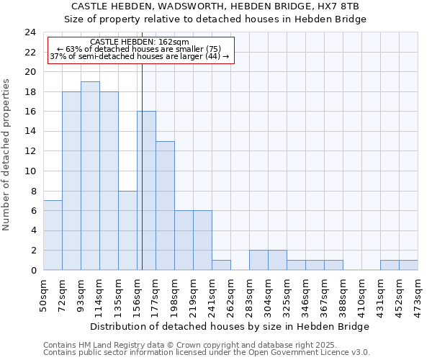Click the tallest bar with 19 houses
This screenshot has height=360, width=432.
click(90, 176)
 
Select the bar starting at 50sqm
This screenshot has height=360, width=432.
click(53, 235)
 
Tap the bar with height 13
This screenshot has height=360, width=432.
click(165, 205)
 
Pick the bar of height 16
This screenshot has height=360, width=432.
click(146, 191)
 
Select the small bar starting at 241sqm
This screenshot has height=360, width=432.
click(221, 265)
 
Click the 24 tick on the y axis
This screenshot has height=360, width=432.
click(30, 32)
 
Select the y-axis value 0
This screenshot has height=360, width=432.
click(33, 271)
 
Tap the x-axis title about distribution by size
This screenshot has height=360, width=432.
click(230, 326)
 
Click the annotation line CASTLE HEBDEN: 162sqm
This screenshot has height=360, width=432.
click(140, 42)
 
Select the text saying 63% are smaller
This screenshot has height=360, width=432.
click(140, 49)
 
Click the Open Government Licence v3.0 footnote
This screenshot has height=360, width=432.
click(207, 352)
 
